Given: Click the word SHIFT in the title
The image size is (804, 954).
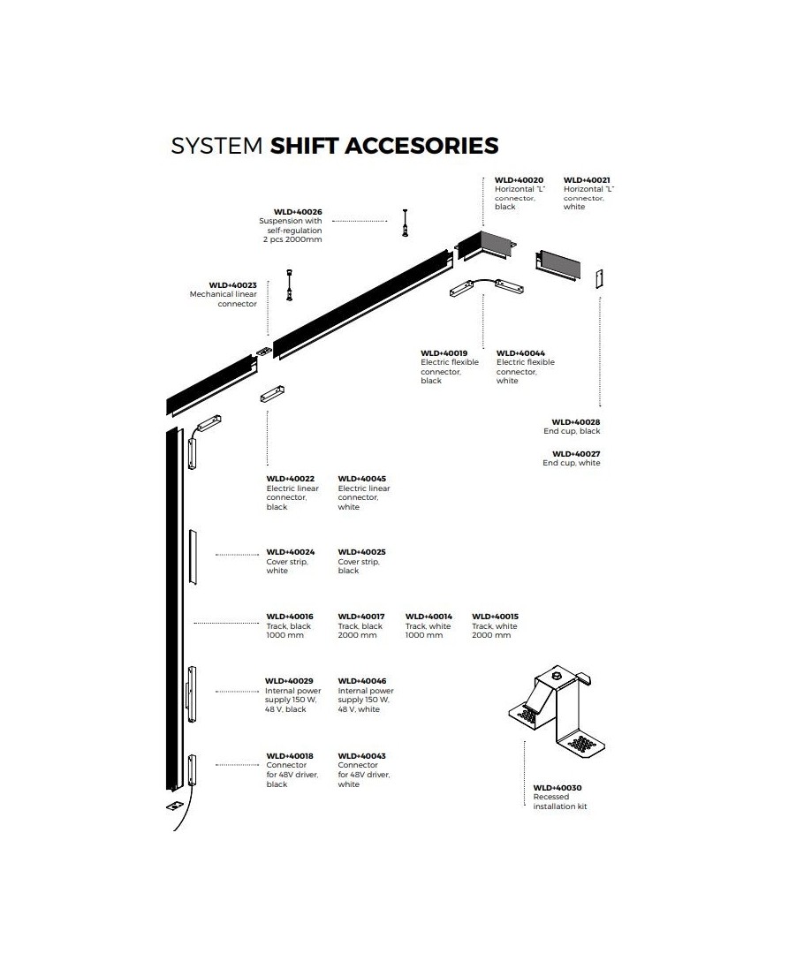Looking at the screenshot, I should click(x=303, y=146).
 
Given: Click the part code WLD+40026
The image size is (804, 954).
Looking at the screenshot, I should click(x=298, y=212).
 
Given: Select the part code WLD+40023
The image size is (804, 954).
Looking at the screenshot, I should click(x=232, y=284).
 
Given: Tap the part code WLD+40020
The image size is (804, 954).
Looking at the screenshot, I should click(x=519, y=180).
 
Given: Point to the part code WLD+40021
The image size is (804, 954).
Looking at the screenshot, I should click(x=587, y=180).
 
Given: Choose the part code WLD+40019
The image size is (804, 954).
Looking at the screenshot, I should click(x=444, y=353).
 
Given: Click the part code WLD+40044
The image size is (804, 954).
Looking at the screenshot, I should click(x=520, y=353).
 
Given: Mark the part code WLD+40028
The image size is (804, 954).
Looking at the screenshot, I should click(x=576, y=422).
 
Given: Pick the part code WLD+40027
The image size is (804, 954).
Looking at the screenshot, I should click(x=576, y=453).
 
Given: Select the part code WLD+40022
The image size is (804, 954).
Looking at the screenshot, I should click(x=290, y=479).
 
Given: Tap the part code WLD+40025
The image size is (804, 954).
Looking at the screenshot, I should click(x=361, y=552).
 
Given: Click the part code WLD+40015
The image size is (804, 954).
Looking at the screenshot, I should click(x=495, y=617).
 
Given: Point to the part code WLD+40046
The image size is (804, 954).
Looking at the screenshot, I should click(x=361, y=681).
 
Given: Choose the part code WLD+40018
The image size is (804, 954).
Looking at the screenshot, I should click(x=290, y=756).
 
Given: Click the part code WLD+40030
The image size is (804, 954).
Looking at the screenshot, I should click(x=557, y=787).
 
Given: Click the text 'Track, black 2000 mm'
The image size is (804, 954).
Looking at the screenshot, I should click(x=360, y=631).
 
